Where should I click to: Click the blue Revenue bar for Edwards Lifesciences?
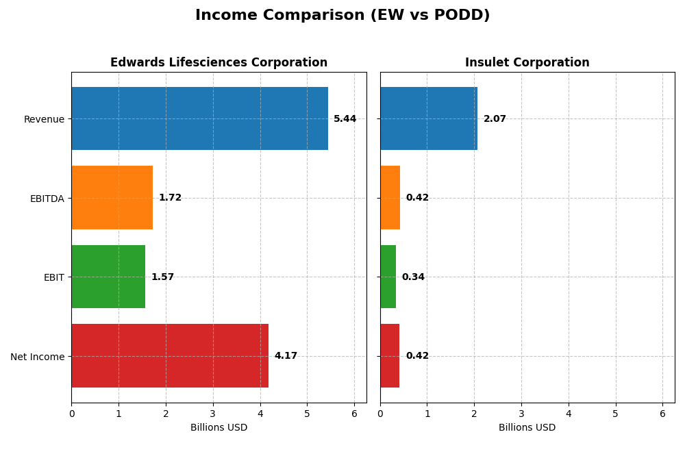[199, 118]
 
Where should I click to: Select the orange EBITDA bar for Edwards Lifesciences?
[112, 197]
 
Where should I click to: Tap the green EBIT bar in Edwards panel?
[108, 277]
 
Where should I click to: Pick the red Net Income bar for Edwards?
[170, 355]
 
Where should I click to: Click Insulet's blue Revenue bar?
[429, 118]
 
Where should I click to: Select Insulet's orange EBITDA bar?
[390, 197]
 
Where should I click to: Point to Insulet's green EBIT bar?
[388, 277]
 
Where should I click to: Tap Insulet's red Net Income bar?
[390, 355]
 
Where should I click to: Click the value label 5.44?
[345, 119]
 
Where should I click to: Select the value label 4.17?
[286, 356]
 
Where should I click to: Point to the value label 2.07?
[495, 119]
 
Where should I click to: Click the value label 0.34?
[413, 277]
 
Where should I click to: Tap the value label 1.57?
[162, 277]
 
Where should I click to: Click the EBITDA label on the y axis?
[47, 199]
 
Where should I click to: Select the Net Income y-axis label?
[37, 357]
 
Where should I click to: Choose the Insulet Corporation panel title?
[527, 63]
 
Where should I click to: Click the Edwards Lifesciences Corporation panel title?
[219, 63]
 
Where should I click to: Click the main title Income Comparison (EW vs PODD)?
[342, 15]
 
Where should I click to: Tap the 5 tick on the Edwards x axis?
[307, 414]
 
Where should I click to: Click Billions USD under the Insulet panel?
[527, 428]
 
